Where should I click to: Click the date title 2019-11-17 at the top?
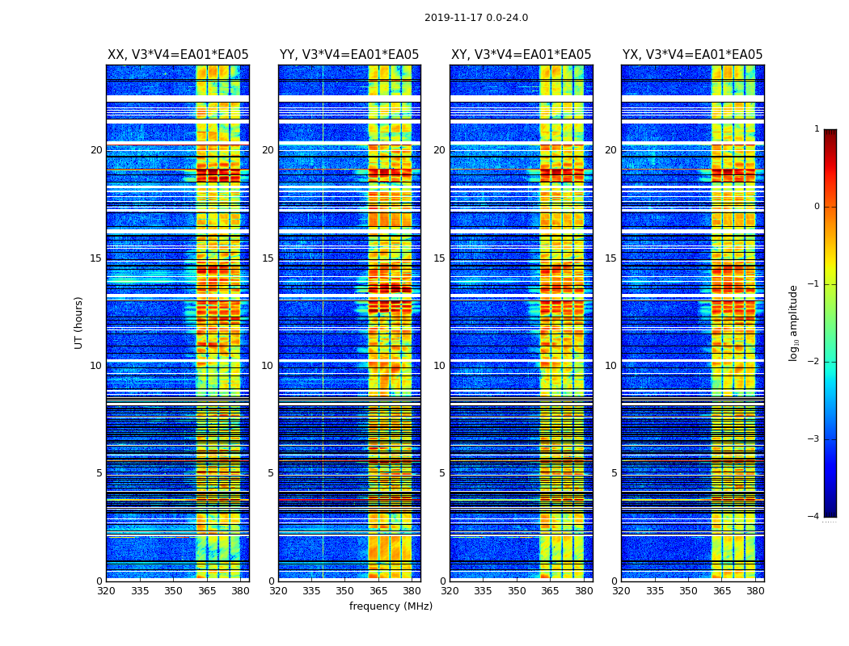475,18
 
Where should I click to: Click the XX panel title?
178,55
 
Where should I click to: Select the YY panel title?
349,55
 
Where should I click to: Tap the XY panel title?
521,55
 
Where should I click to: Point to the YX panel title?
692,55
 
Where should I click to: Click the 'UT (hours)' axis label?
79,322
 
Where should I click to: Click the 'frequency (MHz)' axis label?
391,606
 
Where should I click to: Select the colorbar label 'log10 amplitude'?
793,322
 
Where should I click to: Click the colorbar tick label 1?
816,129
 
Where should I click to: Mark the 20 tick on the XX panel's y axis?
96,150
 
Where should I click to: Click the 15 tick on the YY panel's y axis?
268,258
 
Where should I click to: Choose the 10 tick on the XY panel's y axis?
439,366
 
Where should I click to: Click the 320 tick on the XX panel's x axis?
106,591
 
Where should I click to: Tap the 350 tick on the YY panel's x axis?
345,591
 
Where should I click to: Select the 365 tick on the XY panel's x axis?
550,591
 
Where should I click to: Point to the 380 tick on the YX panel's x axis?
755,591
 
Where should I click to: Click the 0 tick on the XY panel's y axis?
442,581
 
